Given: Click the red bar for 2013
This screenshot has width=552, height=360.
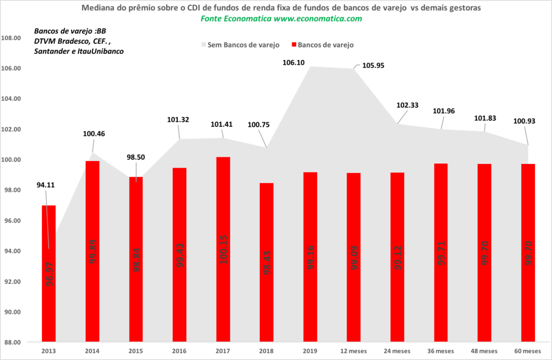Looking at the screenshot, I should click(x=49, y=274).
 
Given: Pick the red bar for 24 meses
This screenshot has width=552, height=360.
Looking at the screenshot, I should click(x=397, y=257).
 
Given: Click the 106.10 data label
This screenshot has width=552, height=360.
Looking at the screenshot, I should click(x=293, y=63).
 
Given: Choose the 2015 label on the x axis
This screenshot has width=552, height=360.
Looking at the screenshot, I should click(x=136, y=351).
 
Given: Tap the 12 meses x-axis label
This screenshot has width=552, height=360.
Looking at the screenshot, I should click(x=353, y=351).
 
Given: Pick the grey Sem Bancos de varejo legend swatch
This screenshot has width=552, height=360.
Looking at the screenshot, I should click(x=204, y=45).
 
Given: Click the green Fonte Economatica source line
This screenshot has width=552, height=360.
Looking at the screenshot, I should click(x=281, y=18).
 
